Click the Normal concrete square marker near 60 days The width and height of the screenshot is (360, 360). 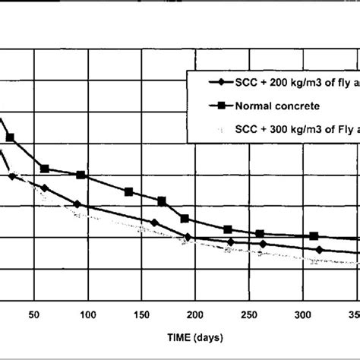tap(45, 169)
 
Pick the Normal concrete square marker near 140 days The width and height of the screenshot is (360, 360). tap(128, 191)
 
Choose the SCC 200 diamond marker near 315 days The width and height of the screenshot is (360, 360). tap(319, 249)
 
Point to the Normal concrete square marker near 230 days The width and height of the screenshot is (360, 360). tap(227, 229)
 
